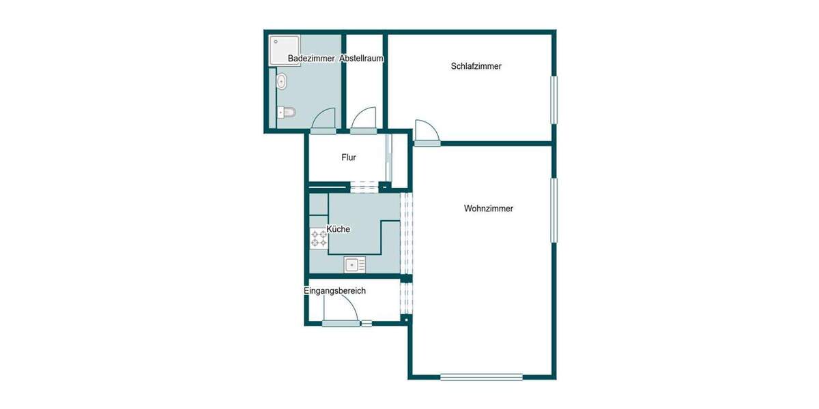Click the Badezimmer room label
pyautogui.click(x=311, y=59)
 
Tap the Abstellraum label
pyautogui.click(x=362, y=59)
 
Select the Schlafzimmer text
pyautogui.click(x=476, y=66)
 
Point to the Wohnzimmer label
pyautogui.click(x=488, y=209)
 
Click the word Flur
pyautogui.click(x=349, y=157)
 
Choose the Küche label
pyautogui.click(x=339, y=229)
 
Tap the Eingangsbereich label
pyautogui.click(x=334, y=291)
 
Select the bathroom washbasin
pyautogui.click(x=281, y=82)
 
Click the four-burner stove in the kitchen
pyautogui.click(x=319, y=238)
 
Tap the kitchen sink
pyautogui.click(x=355, y=264)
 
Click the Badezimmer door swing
pyautogui.click(x=323, y=119)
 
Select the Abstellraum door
pyautogui.click(x=364, y=119)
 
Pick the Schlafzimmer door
pyautogui.click(x=426, y=133)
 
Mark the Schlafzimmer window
pyautogui.click(x=555, y=100)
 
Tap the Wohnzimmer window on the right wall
pyautogui.click(x=555, y=209)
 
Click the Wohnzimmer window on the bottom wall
pyautogui.click(x=481, y=377)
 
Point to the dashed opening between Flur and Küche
pyautogui.click(x=364, y=185)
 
